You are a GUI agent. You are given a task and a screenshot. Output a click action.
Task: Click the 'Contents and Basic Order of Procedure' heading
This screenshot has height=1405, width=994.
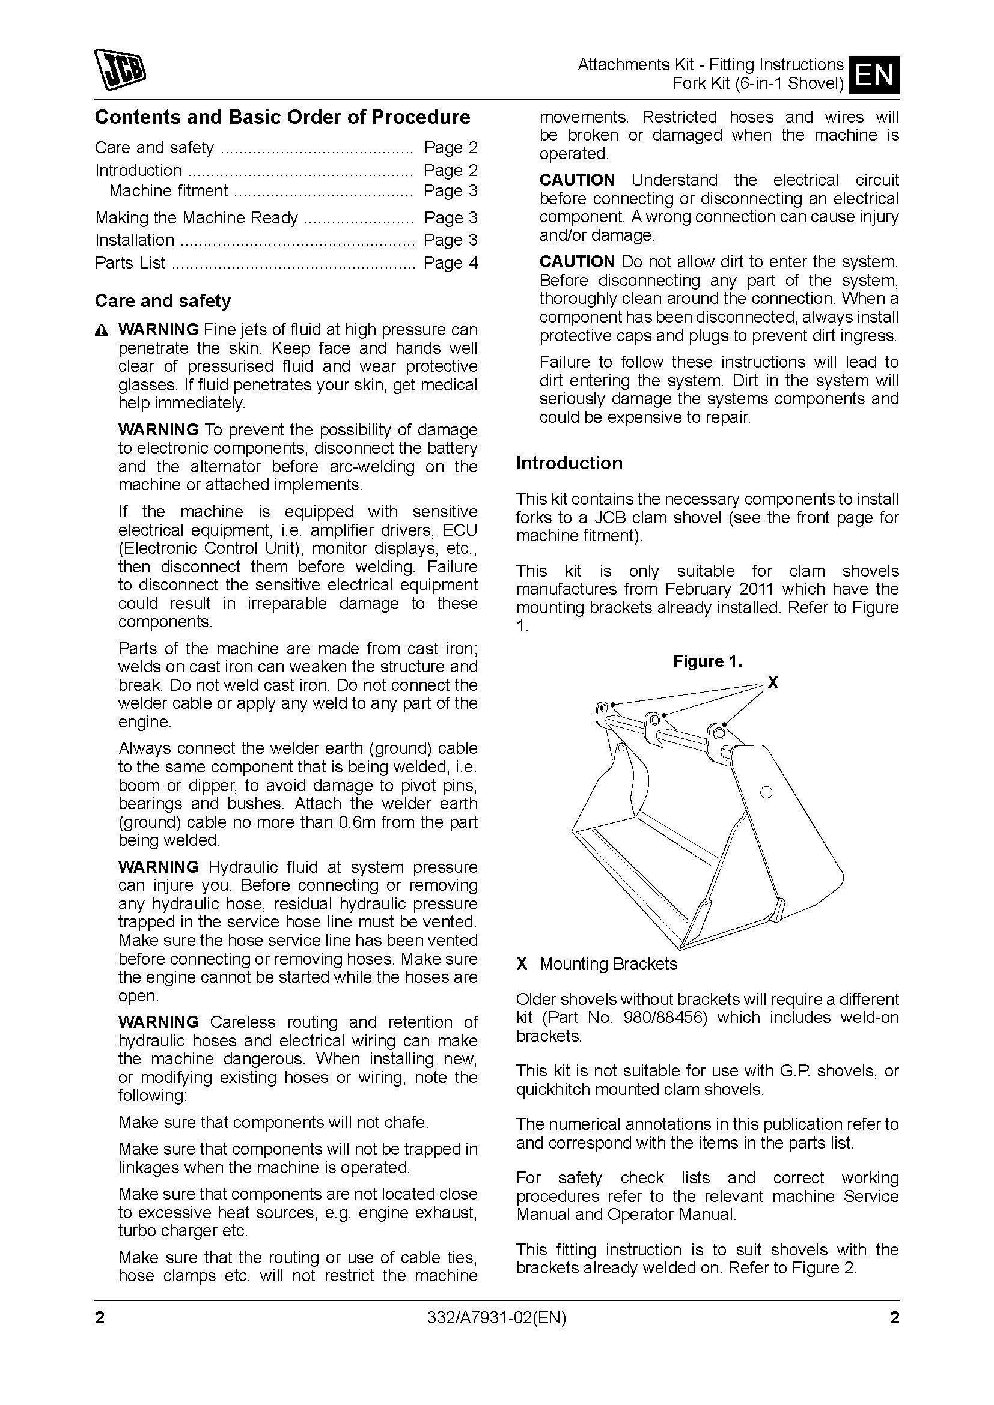point(282,117)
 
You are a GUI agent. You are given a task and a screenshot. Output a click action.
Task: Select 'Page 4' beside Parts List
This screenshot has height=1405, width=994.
point(450,262)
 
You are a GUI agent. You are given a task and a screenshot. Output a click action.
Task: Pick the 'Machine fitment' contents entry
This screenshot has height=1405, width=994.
point(168,191)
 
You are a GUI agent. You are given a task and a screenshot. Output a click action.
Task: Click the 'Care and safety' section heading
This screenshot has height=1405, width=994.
point(162,300)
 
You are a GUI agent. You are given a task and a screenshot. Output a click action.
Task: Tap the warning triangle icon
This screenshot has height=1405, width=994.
point(102,331)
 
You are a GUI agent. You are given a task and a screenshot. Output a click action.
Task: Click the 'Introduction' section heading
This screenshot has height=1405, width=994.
point(569,463)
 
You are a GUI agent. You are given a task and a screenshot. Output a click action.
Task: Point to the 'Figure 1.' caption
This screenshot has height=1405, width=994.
point(707,661)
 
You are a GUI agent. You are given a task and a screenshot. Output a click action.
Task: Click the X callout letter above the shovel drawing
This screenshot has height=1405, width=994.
point(773,683)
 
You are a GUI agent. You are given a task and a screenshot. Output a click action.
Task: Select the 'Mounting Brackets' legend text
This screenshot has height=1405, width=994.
point(608,963)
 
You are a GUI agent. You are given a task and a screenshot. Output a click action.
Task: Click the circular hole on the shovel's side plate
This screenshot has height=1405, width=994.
point(764,792)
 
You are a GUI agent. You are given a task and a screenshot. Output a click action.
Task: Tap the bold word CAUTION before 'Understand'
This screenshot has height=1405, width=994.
point(576,180)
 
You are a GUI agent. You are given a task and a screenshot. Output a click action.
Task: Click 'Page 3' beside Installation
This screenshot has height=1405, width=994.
point(450,240)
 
